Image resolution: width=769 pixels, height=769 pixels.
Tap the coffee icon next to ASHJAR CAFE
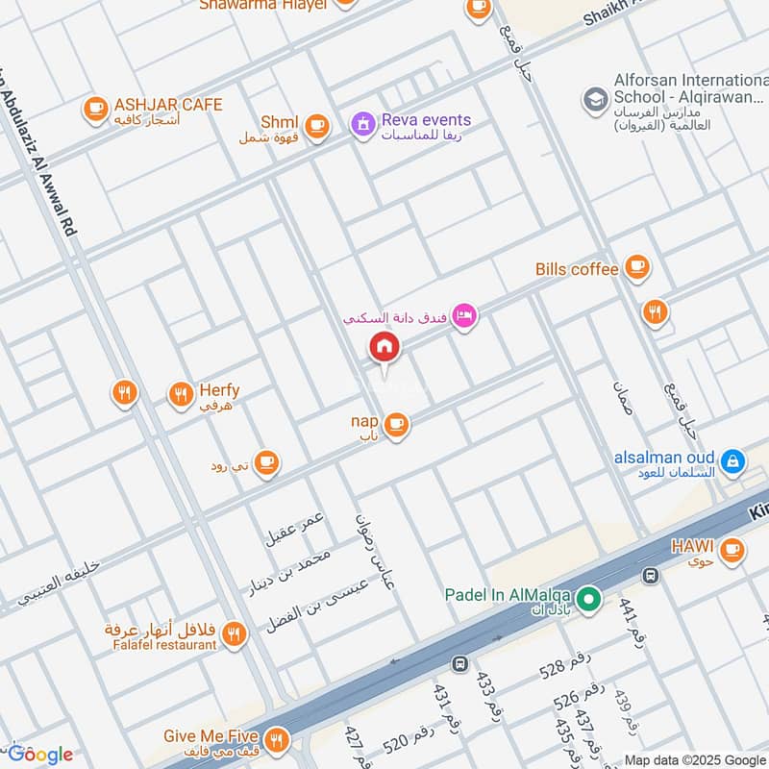(x=95, y=110)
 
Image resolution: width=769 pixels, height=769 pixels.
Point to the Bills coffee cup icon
(x=636, y=269)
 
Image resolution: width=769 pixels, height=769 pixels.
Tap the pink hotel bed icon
(x=464, y=315)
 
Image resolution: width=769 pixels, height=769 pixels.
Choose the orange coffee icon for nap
(x=396, y=424)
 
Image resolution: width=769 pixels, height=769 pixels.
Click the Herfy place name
(x=219, y=391)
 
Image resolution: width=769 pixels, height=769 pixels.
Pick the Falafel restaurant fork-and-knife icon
(x=233, y=634)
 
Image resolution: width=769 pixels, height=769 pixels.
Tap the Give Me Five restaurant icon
(x=277, y=739)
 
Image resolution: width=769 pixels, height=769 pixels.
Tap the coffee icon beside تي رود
(x=267, y=463)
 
